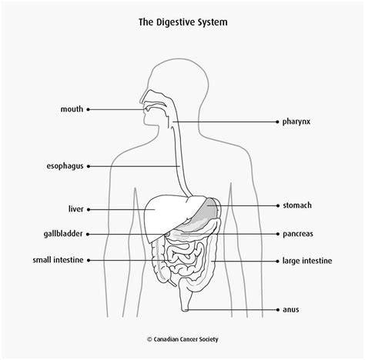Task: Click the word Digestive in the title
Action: click(176, 22)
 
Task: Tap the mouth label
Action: click(72, 109)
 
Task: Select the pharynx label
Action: click(296, 122)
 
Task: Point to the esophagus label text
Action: click(65, 166)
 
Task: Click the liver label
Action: click(75, 209)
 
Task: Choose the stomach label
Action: click(297, 205)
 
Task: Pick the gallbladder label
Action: click(63, 234)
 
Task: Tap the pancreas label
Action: click(298, 234)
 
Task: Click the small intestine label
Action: click(58, 260)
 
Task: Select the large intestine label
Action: click(307, 261)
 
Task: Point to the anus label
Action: click(291, 310)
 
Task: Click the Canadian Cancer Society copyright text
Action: click(182, 339)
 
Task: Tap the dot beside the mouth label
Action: click(88, 109)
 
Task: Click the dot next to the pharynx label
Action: click(277, 122)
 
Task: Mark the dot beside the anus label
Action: click(278, 310)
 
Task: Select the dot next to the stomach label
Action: click(278, 205)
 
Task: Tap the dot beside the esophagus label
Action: click(89, 166)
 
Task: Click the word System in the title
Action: click(213, 22)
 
